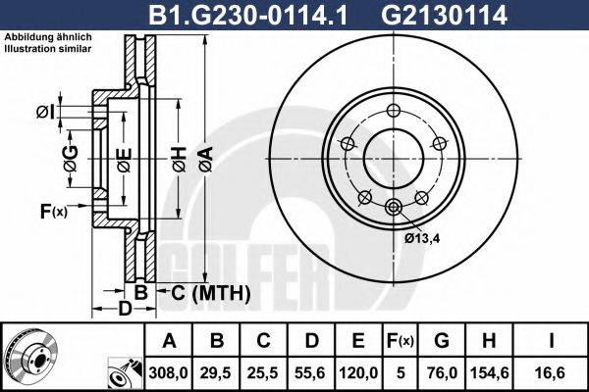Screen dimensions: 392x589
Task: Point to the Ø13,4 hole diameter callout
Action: [423, 235]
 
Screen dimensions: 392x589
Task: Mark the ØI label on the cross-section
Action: [44, 112]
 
